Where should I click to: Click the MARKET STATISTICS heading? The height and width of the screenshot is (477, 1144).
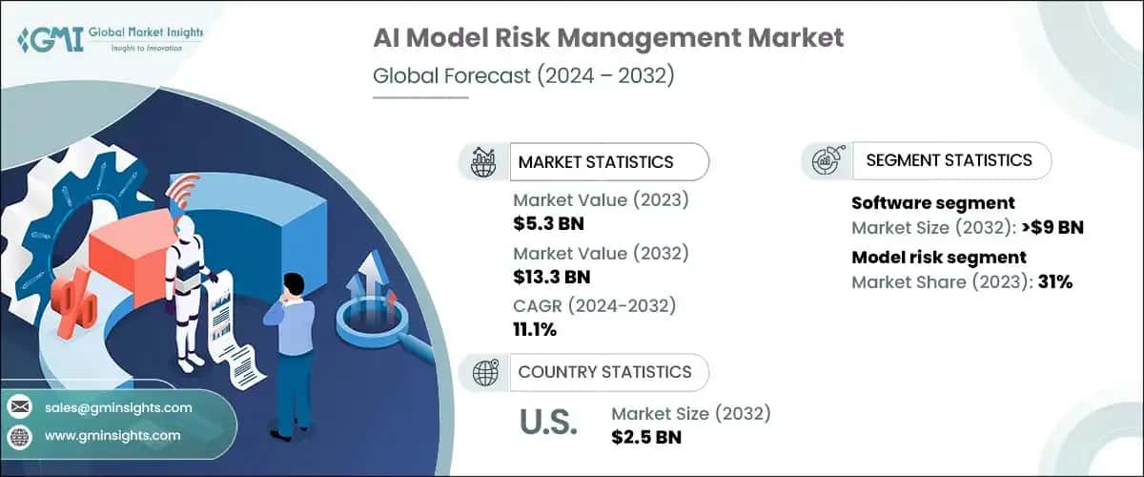pyautogui.click(x=595, y=162)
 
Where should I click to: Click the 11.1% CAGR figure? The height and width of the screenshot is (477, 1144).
pyautogui.click(x=535, y=330)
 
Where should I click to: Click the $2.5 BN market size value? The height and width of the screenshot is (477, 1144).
pyautogui.click(x=645, y=438)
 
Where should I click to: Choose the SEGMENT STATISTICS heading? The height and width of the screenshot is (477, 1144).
pyautogui.click(x=949, y=160)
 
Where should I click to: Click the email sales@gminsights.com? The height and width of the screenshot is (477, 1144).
pyautogui.click(x=118, y=407)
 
